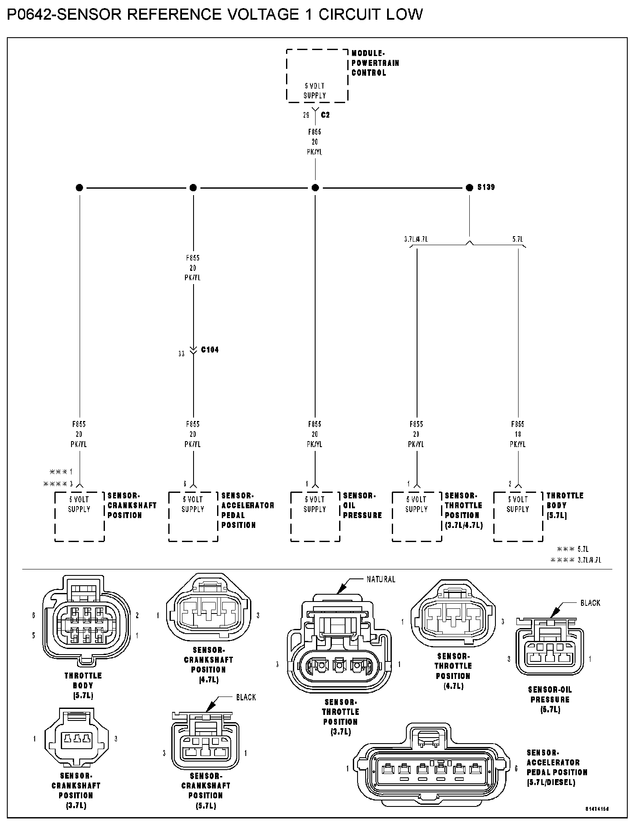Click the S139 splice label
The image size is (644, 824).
click(x=486, y=187)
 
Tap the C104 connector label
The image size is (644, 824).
click(x=210, y=350)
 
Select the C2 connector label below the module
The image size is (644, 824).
click(x=325, y=115)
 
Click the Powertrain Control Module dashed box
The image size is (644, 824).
click(x=317, y=76)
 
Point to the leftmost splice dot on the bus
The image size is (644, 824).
click(x=79, y=187)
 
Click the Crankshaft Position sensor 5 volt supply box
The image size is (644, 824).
click(x=80, y=516)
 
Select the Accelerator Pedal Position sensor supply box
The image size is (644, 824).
click(x=193, y=516)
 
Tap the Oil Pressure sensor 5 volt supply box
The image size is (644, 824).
click(x=315, y=516)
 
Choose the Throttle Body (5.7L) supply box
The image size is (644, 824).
click(x=518, y=516)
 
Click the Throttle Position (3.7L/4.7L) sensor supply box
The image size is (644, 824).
click(x=417, y=516)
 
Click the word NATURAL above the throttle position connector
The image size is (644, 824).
click(x=381, y=579)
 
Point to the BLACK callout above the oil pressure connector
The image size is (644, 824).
click(x=590, y=603)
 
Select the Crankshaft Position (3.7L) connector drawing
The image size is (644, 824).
click(x=75, y=739)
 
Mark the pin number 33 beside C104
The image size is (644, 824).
click(x=182, y=354)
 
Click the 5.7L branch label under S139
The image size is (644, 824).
click(x=518, y=240)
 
